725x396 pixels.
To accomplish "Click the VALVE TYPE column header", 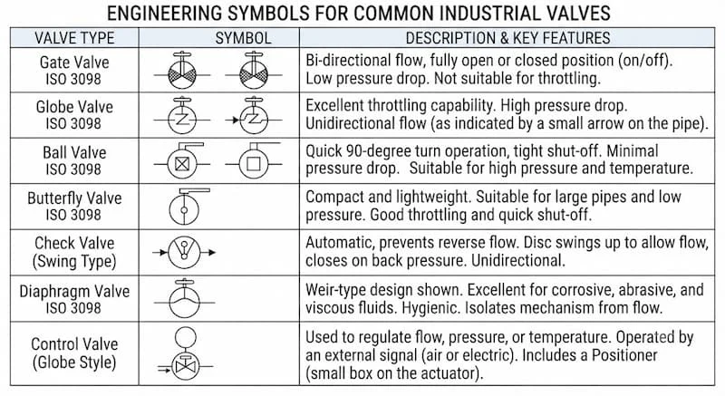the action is click(x=74, y=38).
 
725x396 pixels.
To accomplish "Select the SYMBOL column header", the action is click(x=243, y=38).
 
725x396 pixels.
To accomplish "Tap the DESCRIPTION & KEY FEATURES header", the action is click(x=507, y=38).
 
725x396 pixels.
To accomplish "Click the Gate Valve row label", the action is click(x=74, y=71).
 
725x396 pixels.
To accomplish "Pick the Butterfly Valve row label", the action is click(x=74, y=206).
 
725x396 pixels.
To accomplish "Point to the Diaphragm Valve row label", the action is click(x=74, y=299).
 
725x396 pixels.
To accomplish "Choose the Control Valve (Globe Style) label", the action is click(x=74, y=353).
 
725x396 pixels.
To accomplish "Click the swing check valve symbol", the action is click(x=184, y=252).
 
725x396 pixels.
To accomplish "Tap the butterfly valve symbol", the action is click(x=188, y=206).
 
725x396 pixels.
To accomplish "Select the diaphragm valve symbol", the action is click(x=184, y=298).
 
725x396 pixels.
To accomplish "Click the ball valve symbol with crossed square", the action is click(x=182, y=160).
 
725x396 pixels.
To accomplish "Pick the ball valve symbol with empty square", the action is click(x=254, y=160).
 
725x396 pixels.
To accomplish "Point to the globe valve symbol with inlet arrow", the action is click(x=254, y=116).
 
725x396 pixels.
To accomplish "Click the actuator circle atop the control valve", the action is click(x=186, y=337).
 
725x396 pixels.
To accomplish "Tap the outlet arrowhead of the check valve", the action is click(x=212, y=252).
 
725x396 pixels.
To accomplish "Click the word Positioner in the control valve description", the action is click(x=624, y=355).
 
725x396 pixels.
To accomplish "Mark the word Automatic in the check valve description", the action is click(x=339, y=243).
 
